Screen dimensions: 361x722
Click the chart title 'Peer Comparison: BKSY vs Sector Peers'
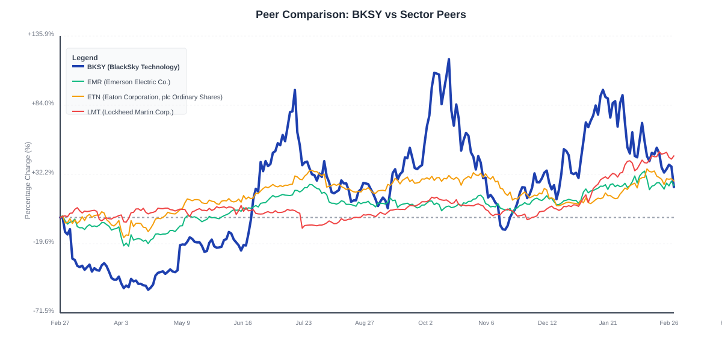tap(360, 14)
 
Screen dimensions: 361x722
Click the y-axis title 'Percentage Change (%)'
tap(28, 180)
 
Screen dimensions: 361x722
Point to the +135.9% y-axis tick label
tap(41, 34)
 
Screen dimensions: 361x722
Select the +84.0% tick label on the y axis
tap(43, 103)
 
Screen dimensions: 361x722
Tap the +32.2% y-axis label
tap(43, 173)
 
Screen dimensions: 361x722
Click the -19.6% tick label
tap(43, 242)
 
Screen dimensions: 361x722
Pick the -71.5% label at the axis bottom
tap(43, 311)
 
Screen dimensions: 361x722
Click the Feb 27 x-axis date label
tap(60, 323)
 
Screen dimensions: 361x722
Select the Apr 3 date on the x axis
tap(121, 323)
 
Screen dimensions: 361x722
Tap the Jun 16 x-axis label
tap(243, 323)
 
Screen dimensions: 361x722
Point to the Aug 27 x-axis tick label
tap(365, 323)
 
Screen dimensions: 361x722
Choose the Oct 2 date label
tap(425, 323)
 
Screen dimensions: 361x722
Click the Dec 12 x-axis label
tap(547, 323)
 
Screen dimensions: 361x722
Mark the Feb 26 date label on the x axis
tap(668, 323)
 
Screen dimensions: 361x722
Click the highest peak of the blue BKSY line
tap(449, 60)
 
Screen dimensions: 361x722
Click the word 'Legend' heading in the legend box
tap(85, 58)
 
